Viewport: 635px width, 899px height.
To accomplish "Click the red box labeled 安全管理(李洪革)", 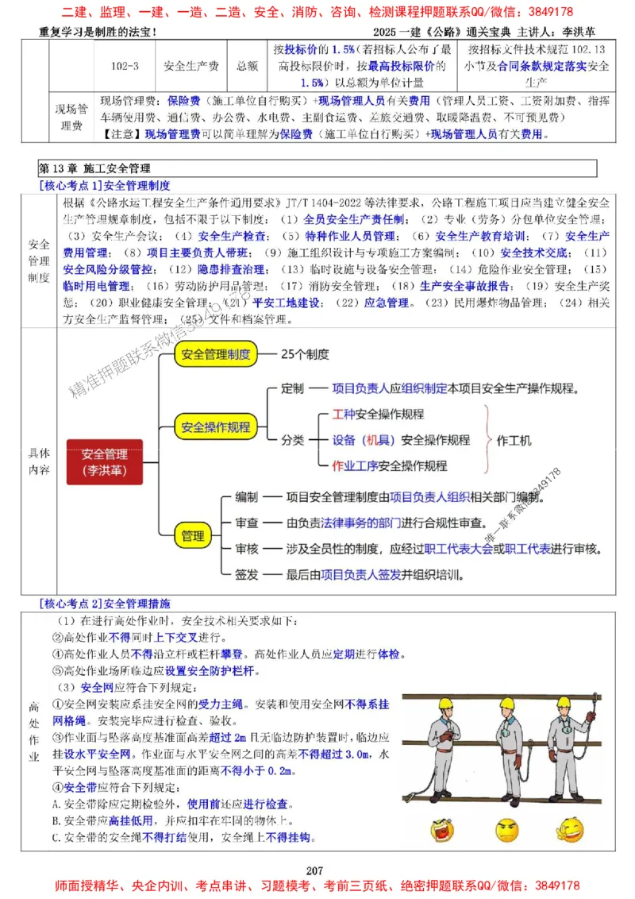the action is (105, 462).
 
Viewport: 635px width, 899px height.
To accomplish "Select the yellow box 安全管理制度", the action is (216, 354).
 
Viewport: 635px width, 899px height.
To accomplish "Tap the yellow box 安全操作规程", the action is (216, 427).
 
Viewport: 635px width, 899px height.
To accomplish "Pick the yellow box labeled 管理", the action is (193, 535).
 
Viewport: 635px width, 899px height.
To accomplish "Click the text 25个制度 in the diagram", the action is (305, 354).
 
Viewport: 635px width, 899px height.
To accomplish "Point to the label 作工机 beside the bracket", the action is (514, 440).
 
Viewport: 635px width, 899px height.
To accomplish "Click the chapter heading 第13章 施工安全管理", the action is (94, 168).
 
